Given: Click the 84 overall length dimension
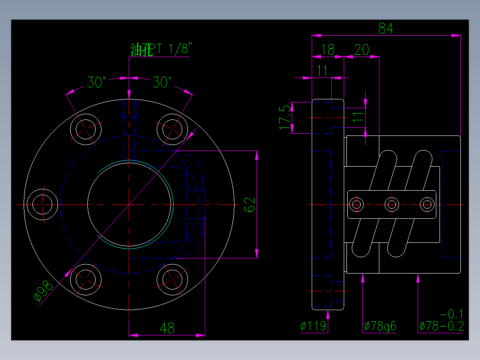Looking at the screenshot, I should tap(386, 29).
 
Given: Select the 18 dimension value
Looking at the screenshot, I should tap(328, 49).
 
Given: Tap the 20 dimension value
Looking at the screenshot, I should tap(362, 49).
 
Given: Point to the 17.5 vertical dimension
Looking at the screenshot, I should tap(285, 118).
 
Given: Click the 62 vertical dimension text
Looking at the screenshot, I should tap(250, 205).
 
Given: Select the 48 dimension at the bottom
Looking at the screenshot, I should tap(167, 328).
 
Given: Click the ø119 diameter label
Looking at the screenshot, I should tap(313, 327).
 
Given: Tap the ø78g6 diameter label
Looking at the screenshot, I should tap(380, 327).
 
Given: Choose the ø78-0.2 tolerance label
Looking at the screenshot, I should tap(441, 327).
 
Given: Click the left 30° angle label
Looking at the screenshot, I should tap(97, 82).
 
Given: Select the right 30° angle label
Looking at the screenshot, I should tap(163, 82).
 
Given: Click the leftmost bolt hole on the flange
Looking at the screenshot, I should tap(43, 205).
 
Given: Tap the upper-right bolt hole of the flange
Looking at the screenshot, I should tap(172, 129).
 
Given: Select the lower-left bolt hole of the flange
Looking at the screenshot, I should tap(85, 279).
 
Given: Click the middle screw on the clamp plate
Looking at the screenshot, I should tap(392, 205).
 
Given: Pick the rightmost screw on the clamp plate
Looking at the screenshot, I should tap(427, 205).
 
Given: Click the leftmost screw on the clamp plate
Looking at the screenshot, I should tap(356, 205).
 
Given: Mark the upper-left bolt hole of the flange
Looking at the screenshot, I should tap(85, 129).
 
